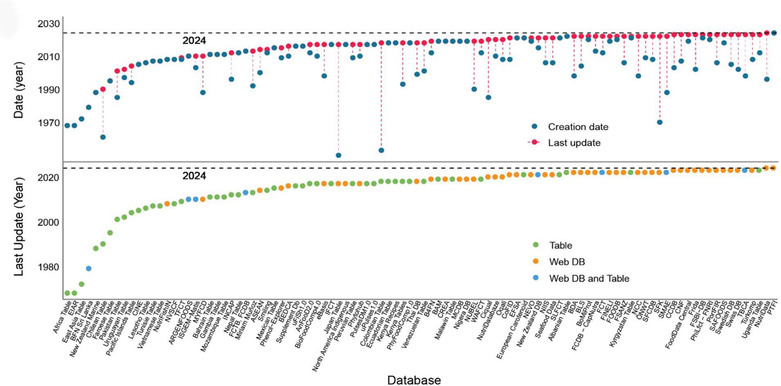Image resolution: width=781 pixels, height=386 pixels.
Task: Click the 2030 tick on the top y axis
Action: click(x=49, y=24)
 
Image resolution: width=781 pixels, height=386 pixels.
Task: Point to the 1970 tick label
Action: click(x=49, y=123)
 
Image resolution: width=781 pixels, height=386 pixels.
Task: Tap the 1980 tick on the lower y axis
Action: click(x=48, y=267)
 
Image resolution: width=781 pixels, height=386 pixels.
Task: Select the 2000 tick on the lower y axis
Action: click(x=48, y=222)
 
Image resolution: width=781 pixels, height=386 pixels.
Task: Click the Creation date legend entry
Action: click(x=578, y=127)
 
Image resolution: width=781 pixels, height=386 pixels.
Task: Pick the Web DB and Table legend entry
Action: click(x=589, y=278)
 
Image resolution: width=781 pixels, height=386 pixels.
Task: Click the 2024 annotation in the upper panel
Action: click(x=194, y=40)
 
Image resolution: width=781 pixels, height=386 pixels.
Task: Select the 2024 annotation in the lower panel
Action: click(x=194, y=176)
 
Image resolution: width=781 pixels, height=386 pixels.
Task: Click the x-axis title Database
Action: click(x=414, y=380)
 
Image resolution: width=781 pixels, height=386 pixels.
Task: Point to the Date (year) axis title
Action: click(x=19, y=90)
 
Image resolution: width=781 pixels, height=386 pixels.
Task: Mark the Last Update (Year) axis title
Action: click(x=19, y=226)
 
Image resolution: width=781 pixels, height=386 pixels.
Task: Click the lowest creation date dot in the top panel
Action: click(x=339, y=155)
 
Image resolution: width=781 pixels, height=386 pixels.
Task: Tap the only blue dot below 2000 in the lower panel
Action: click(x=88, y=269)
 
